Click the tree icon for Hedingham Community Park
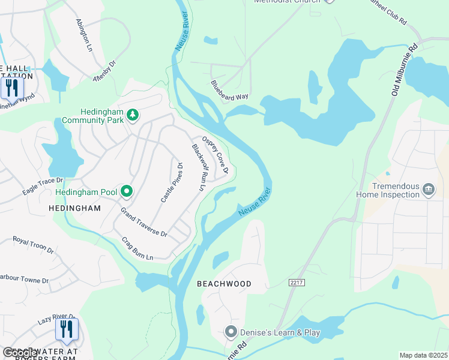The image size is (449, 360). [x=133, y=115]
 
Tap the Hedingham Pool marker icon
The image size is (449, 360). [x=126, y=192]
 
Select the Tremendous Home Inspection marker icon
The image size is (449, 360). [x=429, y=190]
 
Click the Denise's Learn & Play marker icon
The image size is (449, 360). [x=230, y=332]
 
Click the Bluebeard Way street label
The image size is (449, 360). [x=229, y=91]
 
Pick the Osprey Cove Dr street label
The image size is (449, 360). [x=215, y=154]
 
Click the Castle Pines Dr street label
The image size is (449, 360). [x=170, y=181]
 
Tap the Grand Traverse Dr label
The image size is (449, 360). [x=143, y=222]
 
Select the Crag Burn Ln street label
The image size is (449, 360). [x=137, y=248]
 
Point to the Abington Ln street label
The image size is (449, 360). [x=84, y=34]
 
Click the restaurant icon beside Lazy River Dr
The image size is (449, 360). [x=67, y=329]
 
